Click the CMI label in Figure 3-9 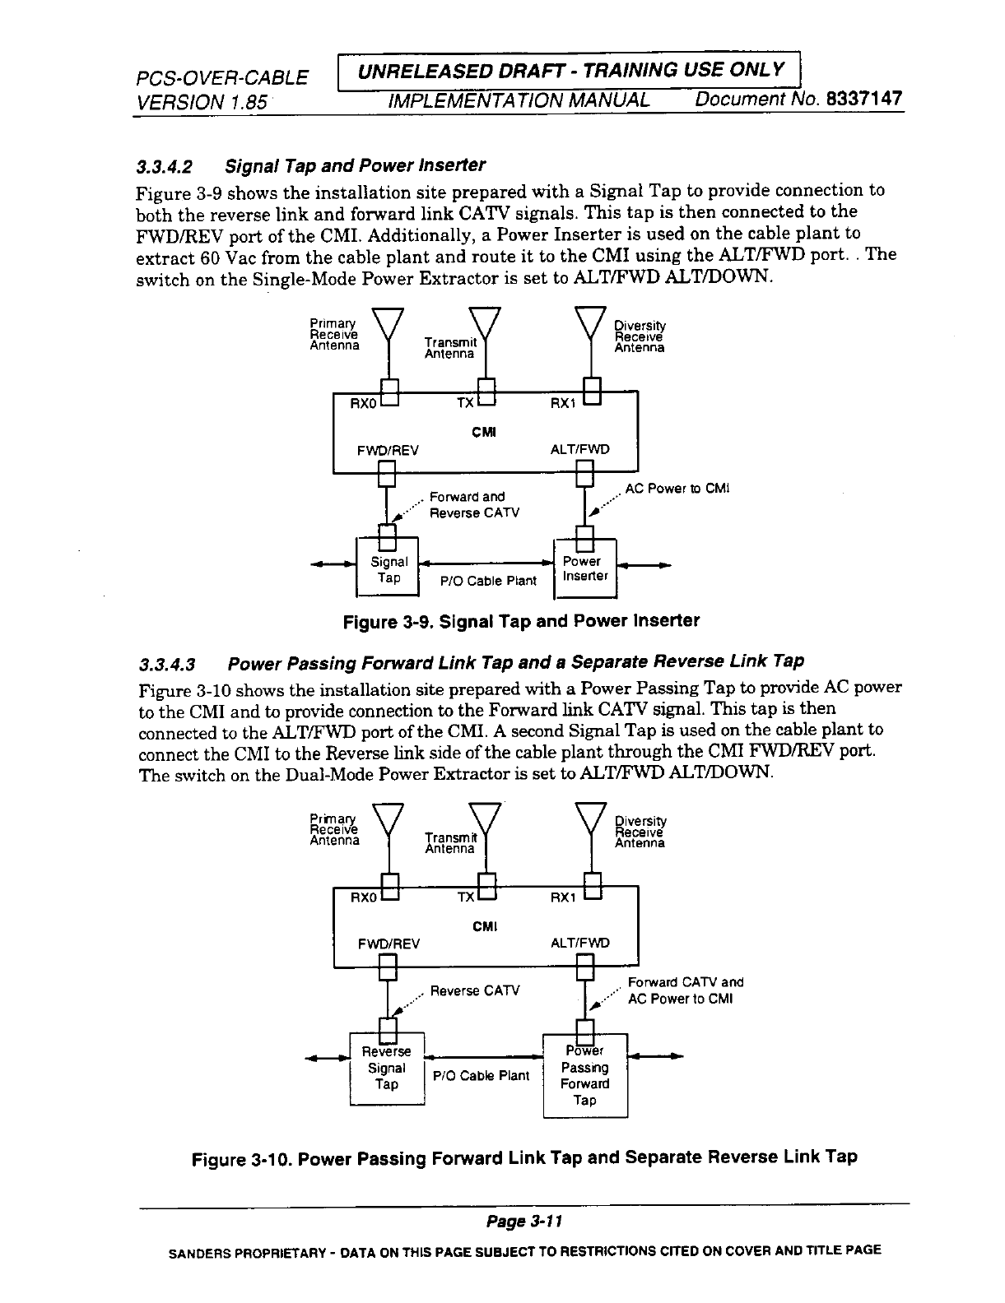click(485, 431)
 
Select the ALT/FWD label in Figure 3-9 click(580, 450)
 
